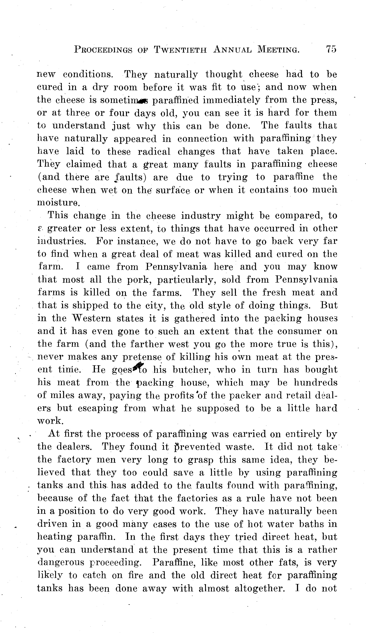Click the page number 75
coord(331,49)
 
